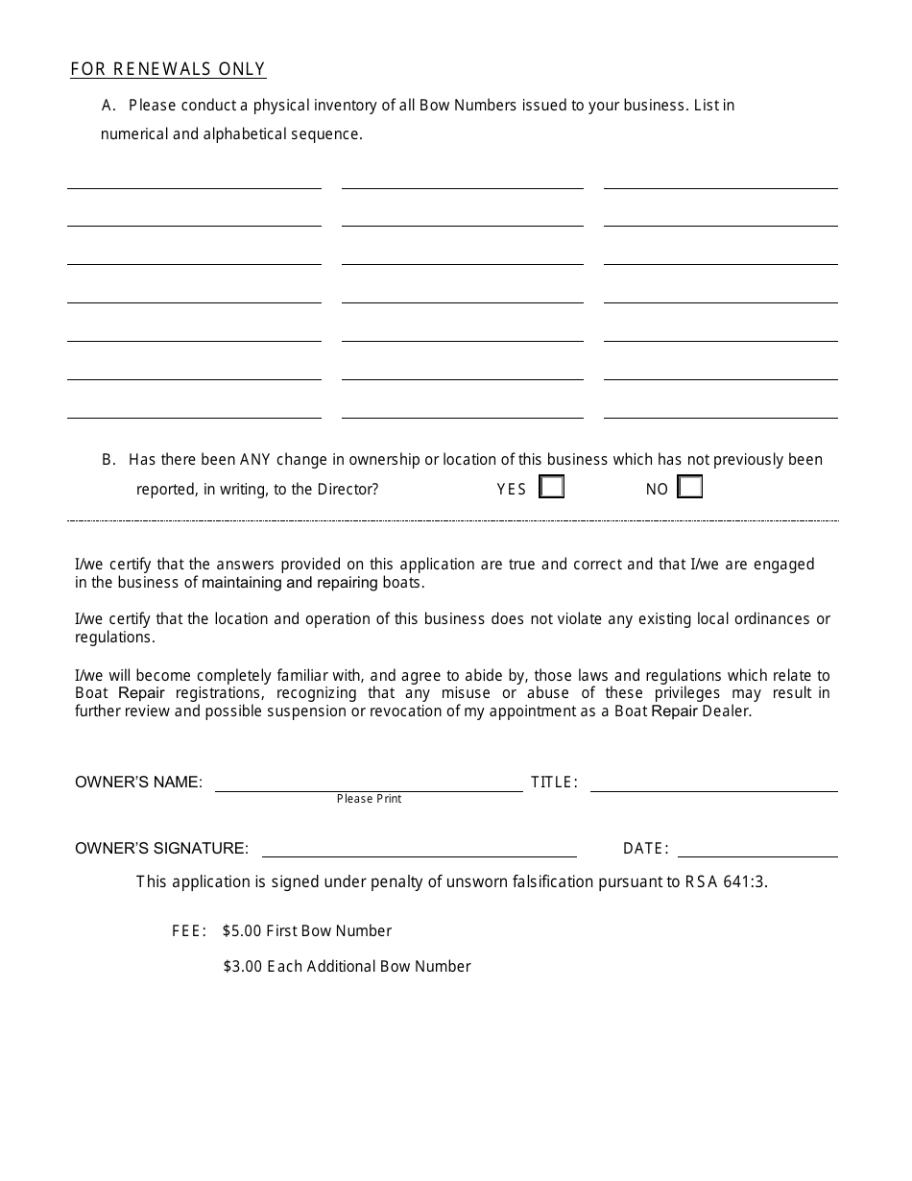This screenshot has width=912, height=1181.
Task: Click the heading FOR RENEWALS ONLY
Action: point(168,69)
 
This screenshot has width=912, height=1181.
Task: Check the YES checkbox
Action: point(552,488)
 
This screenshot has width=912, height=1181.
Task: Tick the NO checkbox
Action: point(690,488)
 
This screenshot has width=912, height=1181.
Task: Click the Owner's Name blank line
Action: point(369,783)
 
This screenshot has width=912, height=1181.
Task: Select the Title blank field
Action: point(713,783)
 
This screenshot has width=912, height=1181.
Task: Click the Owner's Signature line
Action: point(419,849)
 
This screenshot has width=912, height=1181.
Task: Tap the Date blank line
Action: point(757,849)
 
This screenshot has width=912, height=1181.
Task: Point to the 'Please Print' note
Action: point(369,799)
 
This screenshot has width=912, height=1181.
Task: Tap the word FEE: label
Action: point(189,930)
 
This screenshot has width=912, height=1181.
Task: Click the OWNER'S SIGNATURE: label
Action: point(161,849)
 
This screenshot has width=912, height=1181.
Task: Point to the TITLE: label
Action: point(554,783)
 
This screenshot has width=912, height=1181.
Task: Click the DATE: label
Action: point(645,849)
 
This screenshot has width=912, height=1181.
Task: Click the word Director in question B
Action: point(348,489)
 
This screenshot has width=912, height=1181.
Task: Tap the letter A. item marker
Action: point(108,105)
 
